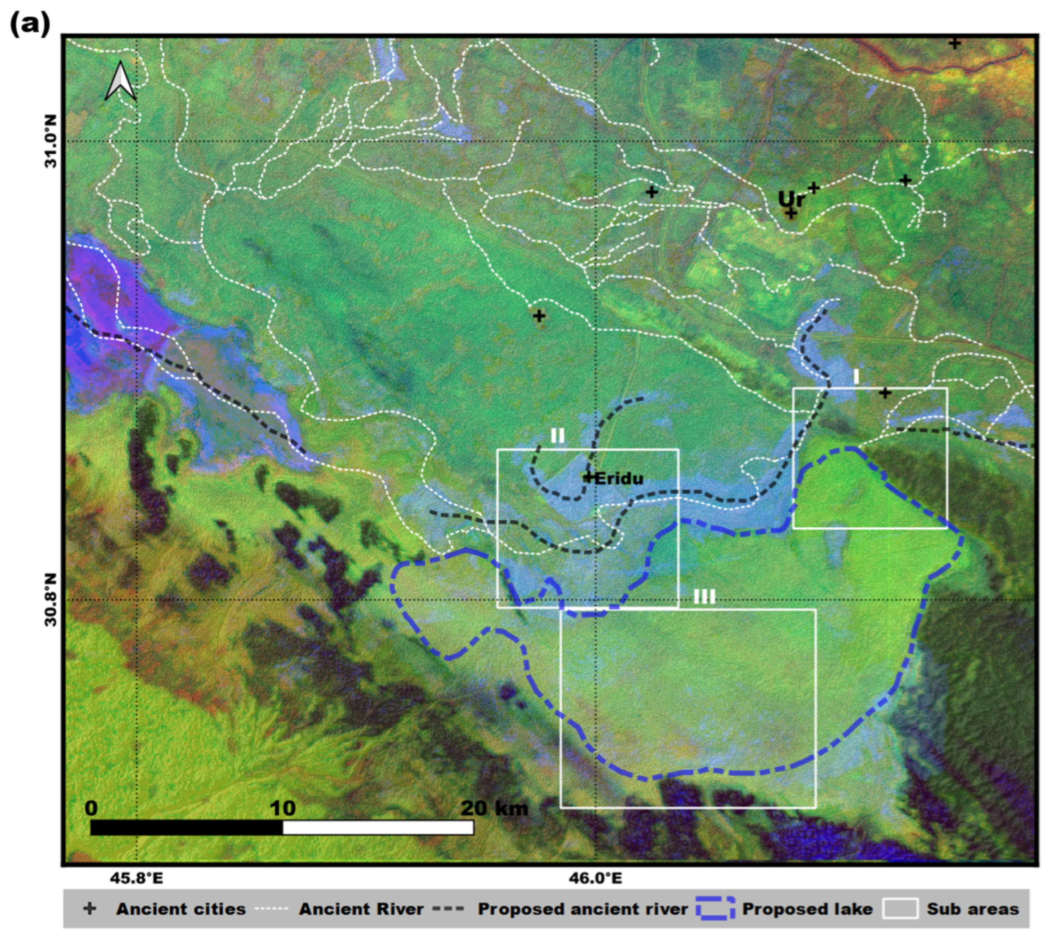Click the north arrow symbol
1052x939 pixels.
coord(120,81)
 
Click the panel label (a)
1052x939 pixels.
coord(30,24)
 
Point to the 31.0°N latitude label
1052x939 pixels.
coord(51,141)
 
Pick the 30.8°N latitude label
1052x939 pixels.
coord(51,600)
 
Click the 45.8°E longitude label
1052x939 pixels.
coord(137,878)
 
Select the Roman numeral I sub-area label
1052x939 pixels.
coord(856,376)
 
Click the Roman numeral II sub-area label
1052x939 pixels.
coord(557,436)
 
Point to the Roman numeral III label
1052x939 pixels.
coord(704,597)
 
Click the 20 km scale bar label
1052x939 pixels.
coord(494,808)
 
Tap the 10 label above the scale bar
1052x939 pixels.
coord(283,808)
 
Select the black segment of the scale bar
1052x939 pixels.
coord(186,828)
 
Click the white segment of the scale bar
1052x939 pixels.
coord(377,828)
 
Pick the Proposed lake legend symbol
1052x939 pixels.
coord(715,909)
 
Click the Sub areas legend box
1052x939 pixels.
coord(900,909)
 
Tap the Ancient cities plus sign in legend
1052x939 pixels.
coord(90,909)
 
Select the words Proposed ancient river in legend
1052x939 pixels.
coord(583,909)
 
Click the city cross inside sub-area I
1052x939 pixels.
coord(885,393)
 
